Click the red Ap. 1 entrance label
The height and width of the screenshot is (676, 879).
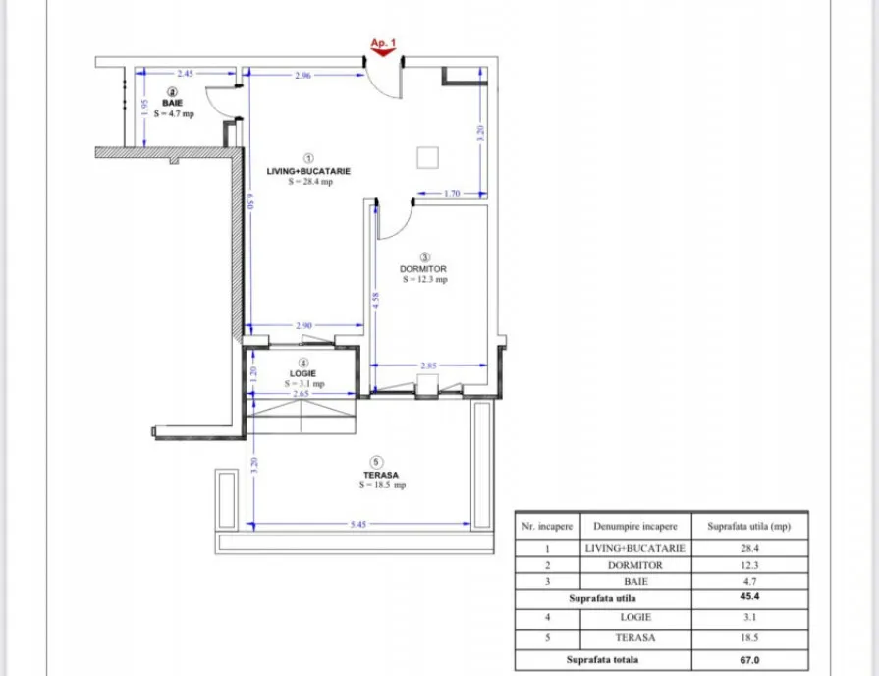pos(383,42)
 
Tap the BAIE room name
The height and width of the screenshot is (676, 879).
pos(172,103)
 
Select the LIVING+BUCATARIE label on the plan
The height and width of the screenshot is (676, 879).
pos(308,171)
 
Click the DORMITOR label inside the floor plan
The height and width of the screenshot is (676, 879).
pos(423,269)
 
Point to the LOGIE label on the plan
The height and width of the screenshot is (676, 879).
pos(302,373)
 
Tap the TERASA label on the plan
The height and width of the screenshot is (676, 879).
pos(381,475)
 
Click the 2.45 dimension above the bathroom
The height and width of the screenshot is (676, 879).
pos(185,73)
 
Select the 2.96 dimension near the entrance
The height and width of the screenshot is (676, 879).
pos(302,76)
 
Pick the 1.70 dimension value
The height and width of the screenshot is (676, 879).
pos(452,193)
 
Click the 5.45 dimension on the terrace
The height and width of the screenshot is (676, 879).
pos(358,524)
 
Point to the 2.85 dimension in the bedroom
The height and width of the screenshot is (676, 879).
pos(428,366)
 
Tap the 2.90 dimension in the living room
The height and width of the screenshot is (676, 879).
pos(303,325)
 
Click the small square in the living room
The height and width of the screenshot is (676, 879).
pos(428,157)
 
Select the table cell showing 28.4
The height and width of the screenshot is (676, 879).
pos(749,548)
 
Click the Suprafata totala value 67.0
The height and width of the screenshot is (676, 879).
pos(749,660)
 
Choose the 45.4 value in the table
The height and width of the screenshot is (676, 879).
pos(749,596)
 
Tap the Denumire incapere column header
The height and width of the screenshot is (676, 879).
pos(635,527)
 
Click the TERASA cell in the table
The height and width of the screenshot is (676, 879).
pos(635,638)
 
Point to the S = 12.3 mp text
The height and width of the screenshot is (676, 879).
pos(425,279)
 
